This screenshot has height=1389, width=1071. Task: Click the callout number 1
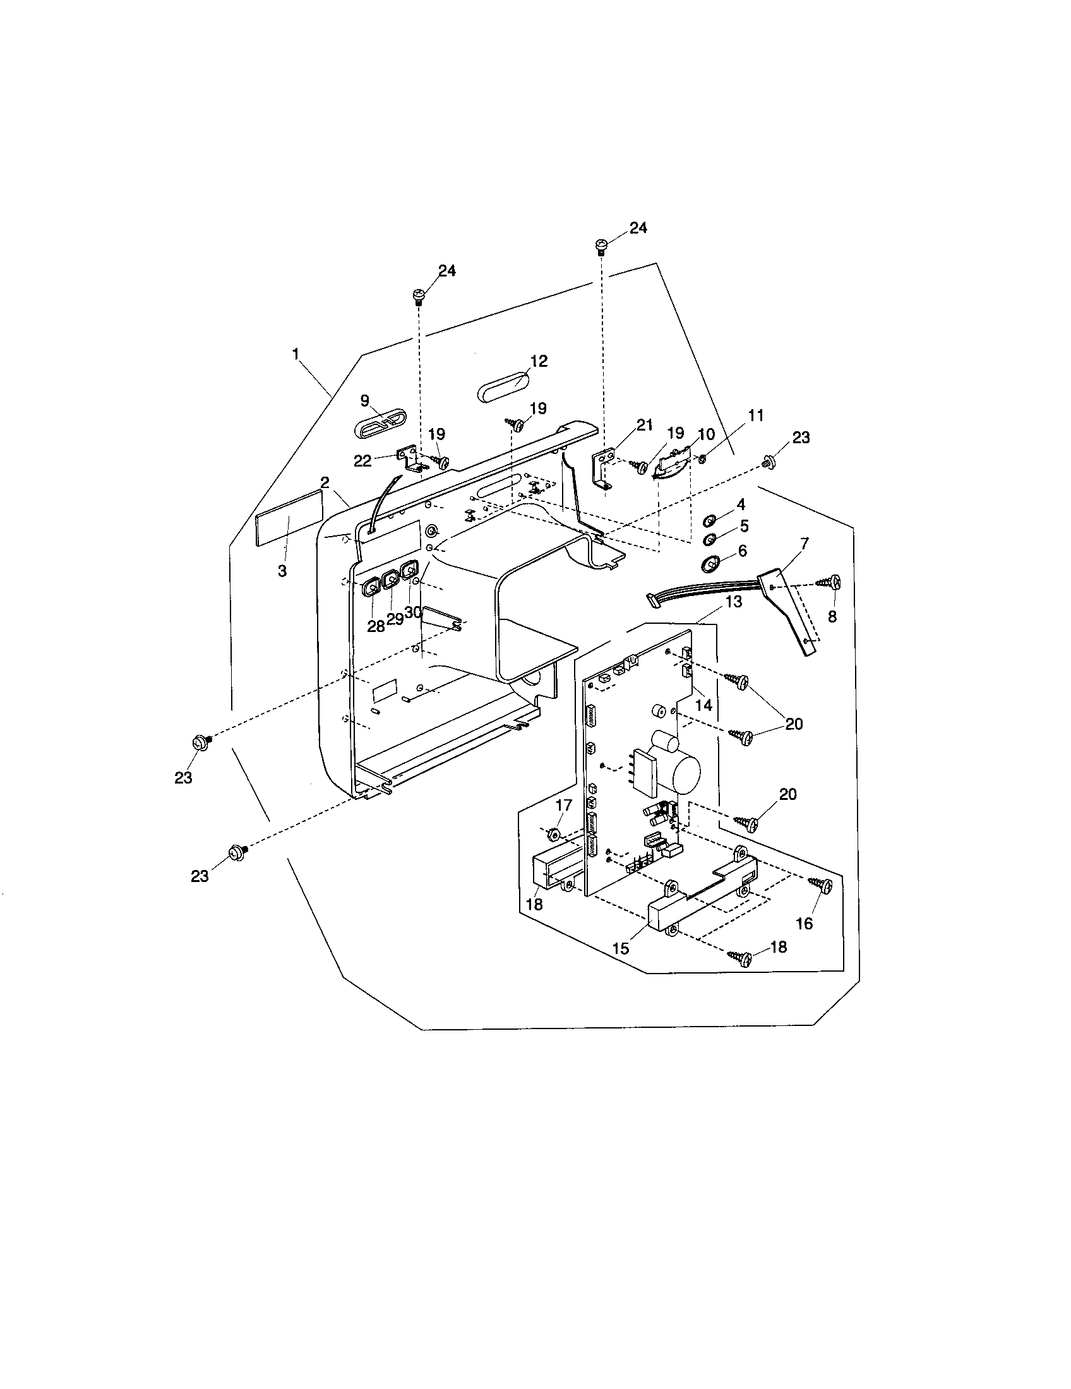point(296,354)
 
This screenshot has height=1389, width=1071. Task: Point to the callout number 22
point(362,461)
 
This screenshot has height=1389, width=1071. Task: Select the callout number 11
point(755,416)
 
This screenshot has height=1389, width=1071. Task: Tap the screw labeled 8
point(831,581)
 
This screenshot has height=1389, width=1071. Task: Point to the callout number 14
point(703,705)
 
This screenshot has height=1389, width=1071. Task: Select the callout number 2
point(325,482)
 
